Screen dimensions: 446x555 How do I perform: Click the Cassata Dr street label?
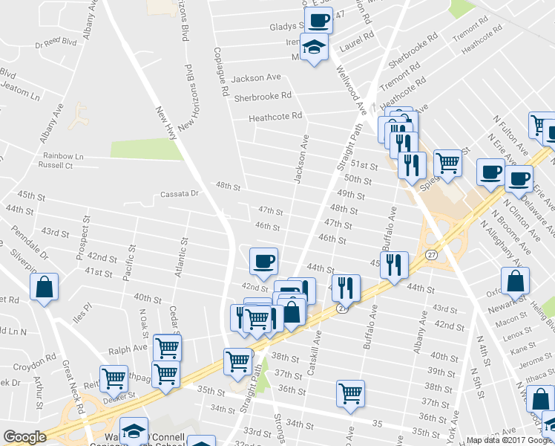click(x=180, y=194)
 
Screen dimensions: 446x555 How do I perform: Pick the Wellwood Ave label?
click(x=351, y=88)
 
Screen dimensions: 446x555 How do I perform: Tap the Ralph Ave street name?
click(x=128, y=348)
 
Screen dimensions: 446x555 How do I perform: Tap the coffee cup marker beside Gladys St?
click(x=318, y=19)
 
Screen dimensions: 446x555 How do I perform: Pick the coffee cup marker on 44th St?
click(x=263, y=261)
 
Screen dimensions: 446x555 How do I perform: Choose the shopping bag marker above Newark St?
click(x=515, y=281)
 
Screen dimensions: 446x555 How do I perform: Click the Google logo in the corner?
click(x=24, y=437)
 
